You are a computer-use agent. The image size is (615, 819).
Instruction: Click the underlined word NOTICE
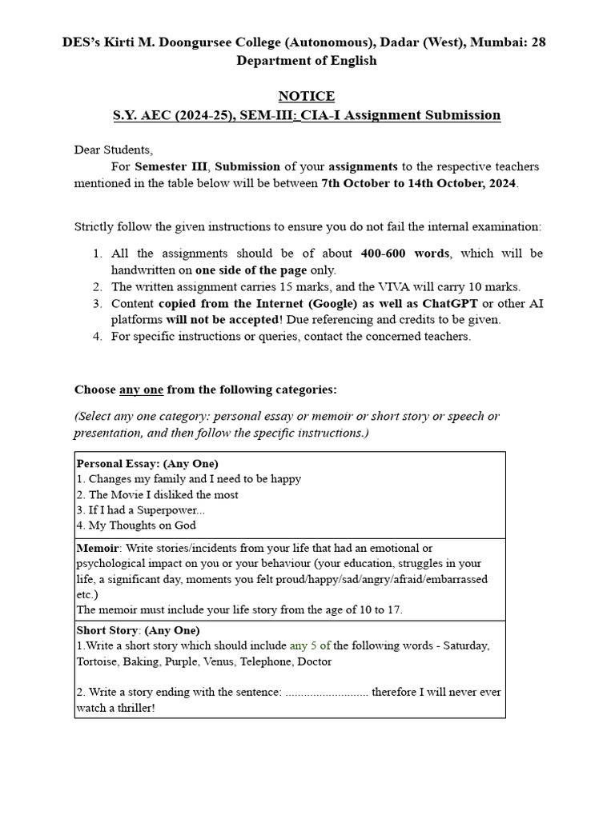pyautogui.click(x=306, y=96)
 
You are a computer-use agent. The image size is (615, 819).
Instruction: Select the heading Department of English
pyautogui.click(x=306, y=60)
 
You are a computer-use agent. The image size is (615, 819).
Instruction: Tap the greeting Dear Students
pyautogui.click(x=113, y=150)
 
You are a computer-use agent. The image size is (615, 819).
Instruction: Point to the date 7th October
pyautogui.click(x=356, y=182)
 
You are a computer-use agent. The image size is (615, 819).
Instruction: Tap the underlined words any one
pyautogui.click(x=141, y=390)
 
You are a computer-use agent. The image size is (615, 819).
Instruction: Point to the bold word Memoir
pyautogui.click(x=97, y=548)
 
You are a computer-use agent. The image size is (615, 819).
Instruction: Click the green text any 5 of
pyautogui.click(x=310, y=645)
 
